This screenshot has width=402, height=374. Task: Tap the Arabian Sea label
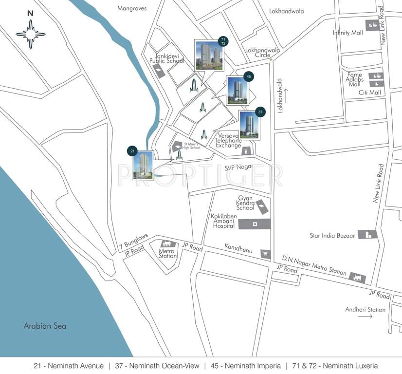click(x=45, y=326)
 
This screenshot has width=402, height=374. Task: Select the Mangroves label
click(x=132, y=8)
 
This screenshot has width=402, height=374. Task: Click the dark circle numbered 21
click(x=132, y=151)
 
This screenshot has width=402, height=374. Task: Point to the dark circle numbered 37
click(x=261, y=112)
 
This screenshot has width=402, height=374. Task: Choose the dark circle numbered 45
click(x=249, y=76)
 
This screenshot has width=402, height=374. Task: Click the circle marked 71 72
click(x=223, y=41)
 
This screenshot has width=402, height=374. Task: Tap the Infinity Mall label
click(x=348, y=33)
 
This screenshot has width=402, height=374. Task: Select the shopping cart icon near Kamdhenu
click(x=265, y=253)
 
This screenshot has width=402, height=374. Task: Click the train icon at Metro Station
click(x=167, y=243)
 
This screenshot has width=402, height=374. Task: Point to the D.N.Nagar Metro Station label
click(x=314, y=265)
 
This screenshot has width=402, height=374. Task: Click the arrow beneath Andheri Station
click(x=365, y=317)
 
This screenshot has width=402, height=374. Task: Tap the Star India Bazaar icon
click(x=368, y=234)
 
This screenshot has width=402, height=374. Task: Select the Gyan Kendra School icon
click(x=262, y=206)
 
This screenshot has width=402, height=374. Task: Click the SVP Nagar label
click(x=239, y=167)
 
